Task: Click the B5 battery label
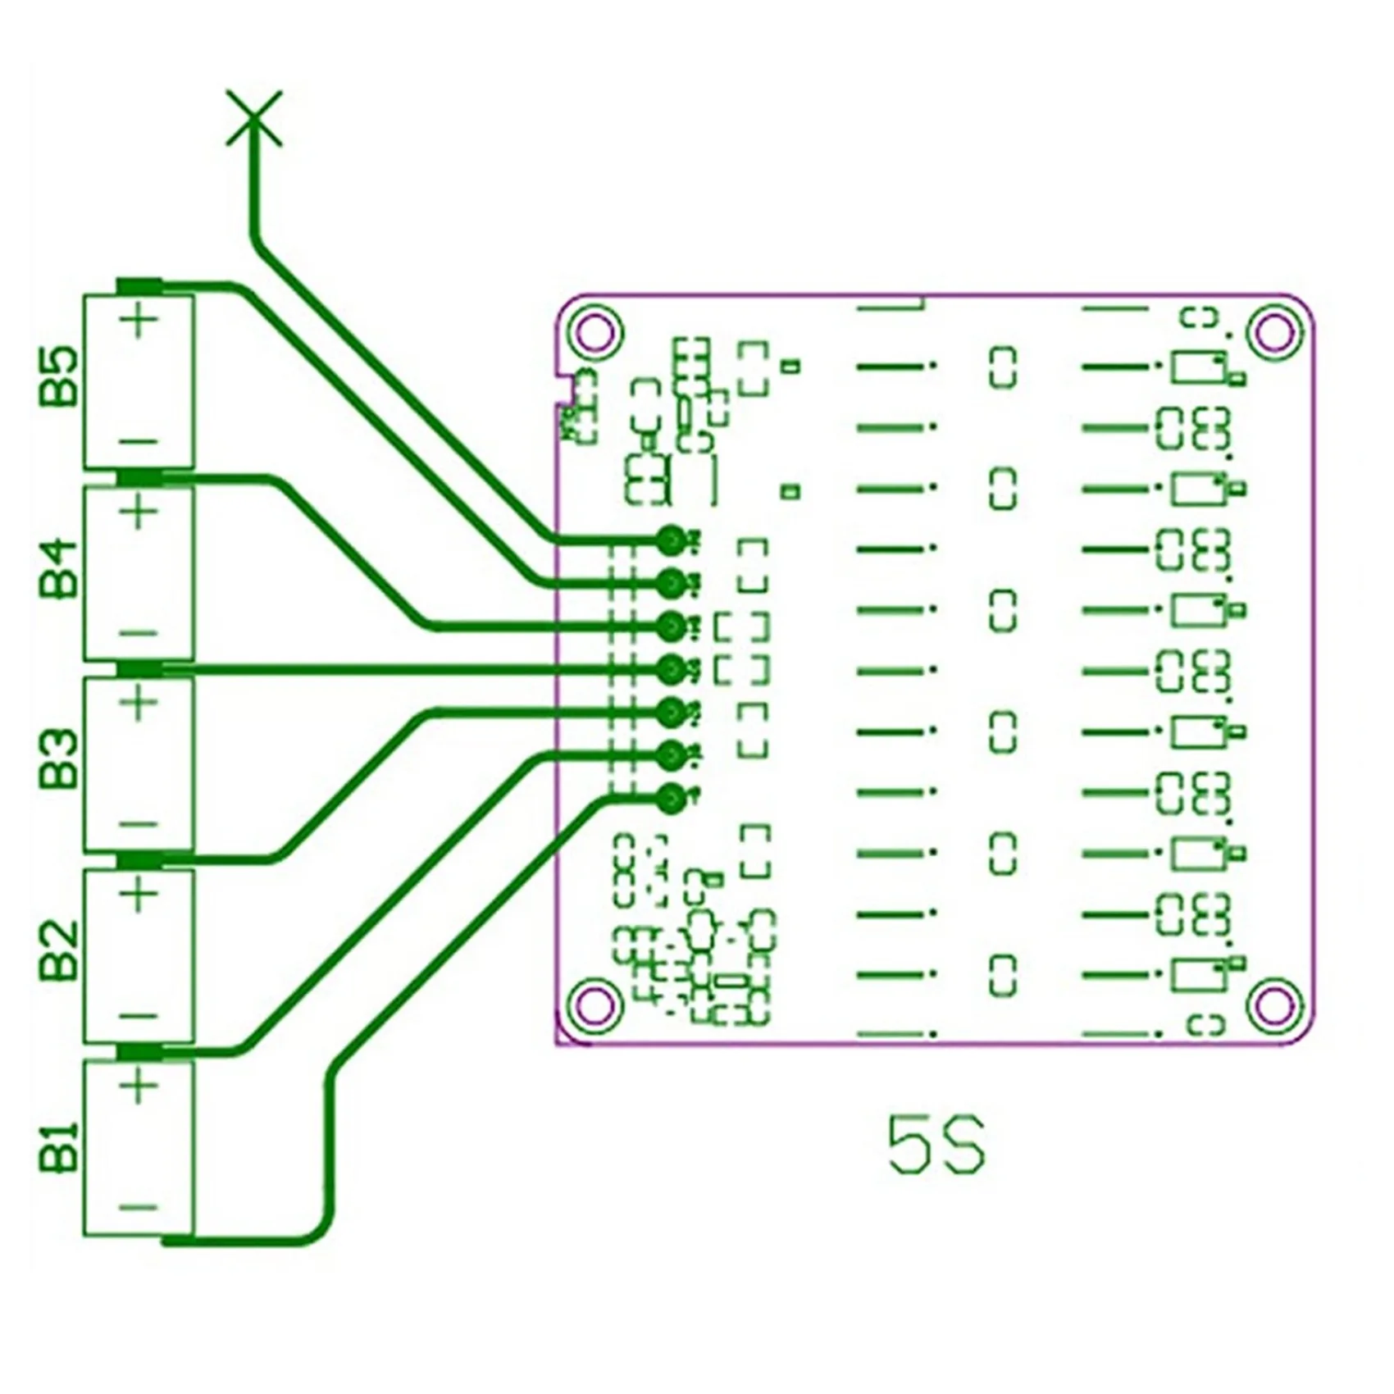59,377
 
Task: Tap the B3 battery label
59,759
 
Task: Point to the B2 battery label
59,951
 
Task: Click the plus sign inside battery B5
141,321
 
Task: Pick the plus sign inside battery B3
141,704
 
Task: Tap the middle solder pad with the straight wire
671,669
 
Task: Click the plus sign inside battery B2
141,894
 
